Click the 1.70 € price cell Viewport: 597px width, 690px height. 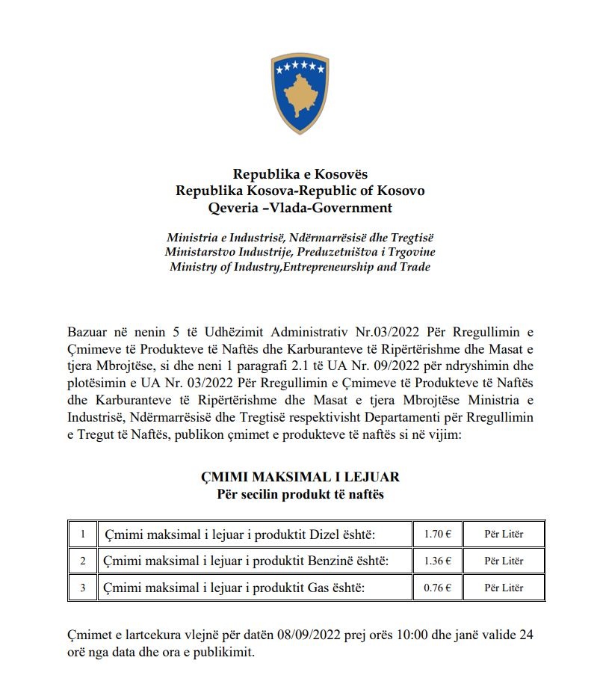[x=437, y=535]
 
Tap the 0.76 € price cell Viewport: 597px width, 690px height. [x=437, y=588]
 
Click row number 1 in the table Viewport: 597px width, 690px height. [x=83, y=535]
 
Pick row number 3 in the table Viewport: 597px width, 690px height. [x=83, y=588]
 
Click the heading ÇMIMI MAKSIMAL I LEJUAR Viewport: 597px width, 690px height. [x=300, y=477]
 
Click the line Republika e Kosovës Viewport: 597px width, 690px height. [x=300, y=174]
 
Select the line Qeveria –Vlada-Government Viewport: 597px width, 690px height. [x=300, y=208]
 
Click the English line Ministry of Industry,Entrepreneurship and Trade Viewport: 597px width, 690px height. [x=300, y=267]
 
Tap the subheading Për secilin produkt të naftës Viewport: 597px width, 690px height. [x=300, y=494]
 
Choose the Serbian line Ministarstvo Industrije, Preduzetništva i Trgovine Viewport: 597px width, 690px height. [x=300, y=252]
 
